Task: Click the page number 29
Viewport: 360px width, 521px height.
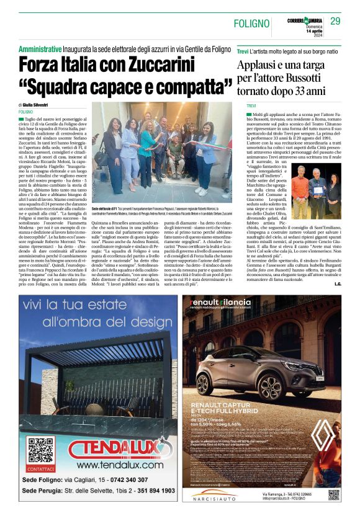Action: [x=335, y=21]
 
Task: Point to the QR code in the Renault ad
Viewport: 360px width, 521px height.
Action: [x=333, y=494]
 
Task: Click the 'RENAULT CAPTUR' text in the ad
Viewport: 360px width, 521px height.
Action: [x=217, y=407]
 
